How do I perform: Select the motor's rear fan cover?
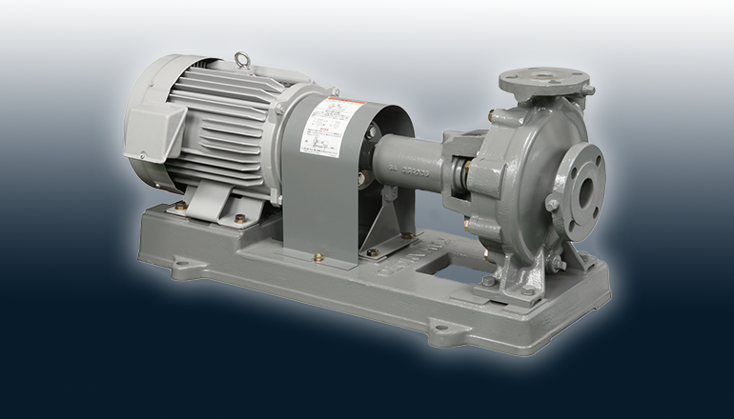(143, 114)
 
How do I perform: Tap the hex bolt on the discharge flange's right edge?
(590, 91)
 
